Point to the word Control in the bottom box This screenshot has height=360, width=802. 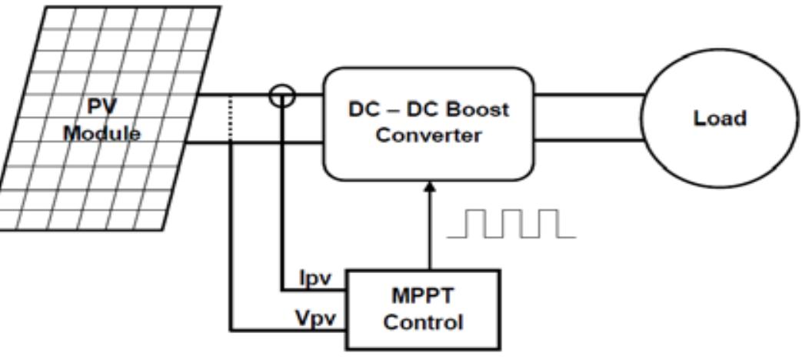(424, 321)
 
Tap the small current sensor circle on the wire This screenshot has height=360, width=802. (282, 95)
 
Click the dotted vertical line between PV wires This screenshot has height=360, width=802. (231, 119)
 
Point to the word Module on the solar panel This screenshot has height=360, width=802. (102, 133)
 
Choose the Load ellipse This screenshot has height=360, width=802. (719, 119)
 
